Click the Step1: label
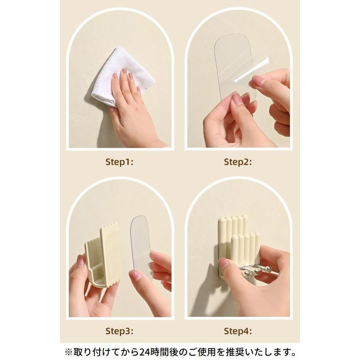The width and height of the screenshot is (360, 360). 119,162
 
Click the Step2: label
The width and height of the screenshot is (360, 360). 238,162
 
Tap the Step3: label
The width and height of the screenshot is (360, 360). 119,331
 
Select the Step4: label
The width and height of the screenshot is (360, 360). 238,331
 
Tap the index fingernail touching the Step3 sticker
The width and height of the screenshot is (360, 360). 135,275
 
